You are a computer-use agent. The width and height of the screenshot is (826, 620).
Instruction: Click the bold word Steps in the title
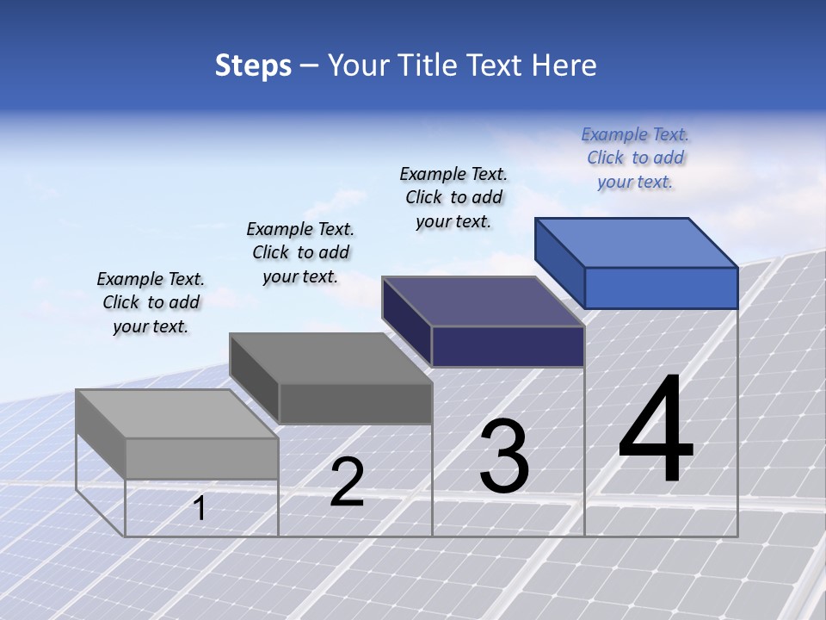click(253, 66)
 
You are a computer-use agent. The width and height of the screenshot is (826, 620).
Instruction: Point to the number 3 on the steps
click(504, 456)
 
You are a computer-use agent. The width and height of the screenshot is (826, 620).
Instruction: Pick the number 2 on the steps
click(347, 482)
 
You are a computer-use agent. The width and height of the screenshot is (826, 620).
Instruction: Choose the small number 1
click(200, 508)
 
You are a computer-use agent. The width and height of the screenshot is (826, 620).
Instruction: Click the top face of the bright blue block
click(637, 242)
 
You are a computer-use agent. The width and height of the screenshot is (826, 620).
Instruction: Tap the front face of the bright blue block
click(661, 288)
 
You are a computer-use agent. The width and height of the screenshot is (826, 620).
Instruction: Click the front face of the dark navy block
click(508, 346)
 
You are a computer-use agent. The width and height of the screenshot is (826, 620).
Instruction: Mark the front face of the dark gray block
click(354, 403)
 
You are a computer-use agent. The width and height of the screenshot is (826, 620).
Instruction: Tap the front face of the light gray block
click(201, 458)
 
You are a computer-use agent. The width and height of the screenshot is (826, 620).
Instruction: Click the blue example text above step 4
click(635, 158)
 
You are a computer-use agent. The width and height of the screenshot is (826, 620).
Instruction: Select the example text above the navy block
click(453, 197)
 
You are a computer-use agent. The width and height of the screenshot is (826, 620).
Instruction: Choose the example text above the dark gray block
click(300, 252)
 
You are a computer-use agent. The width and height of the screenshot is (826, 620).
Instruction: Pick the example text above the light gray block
click(151, 302)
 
